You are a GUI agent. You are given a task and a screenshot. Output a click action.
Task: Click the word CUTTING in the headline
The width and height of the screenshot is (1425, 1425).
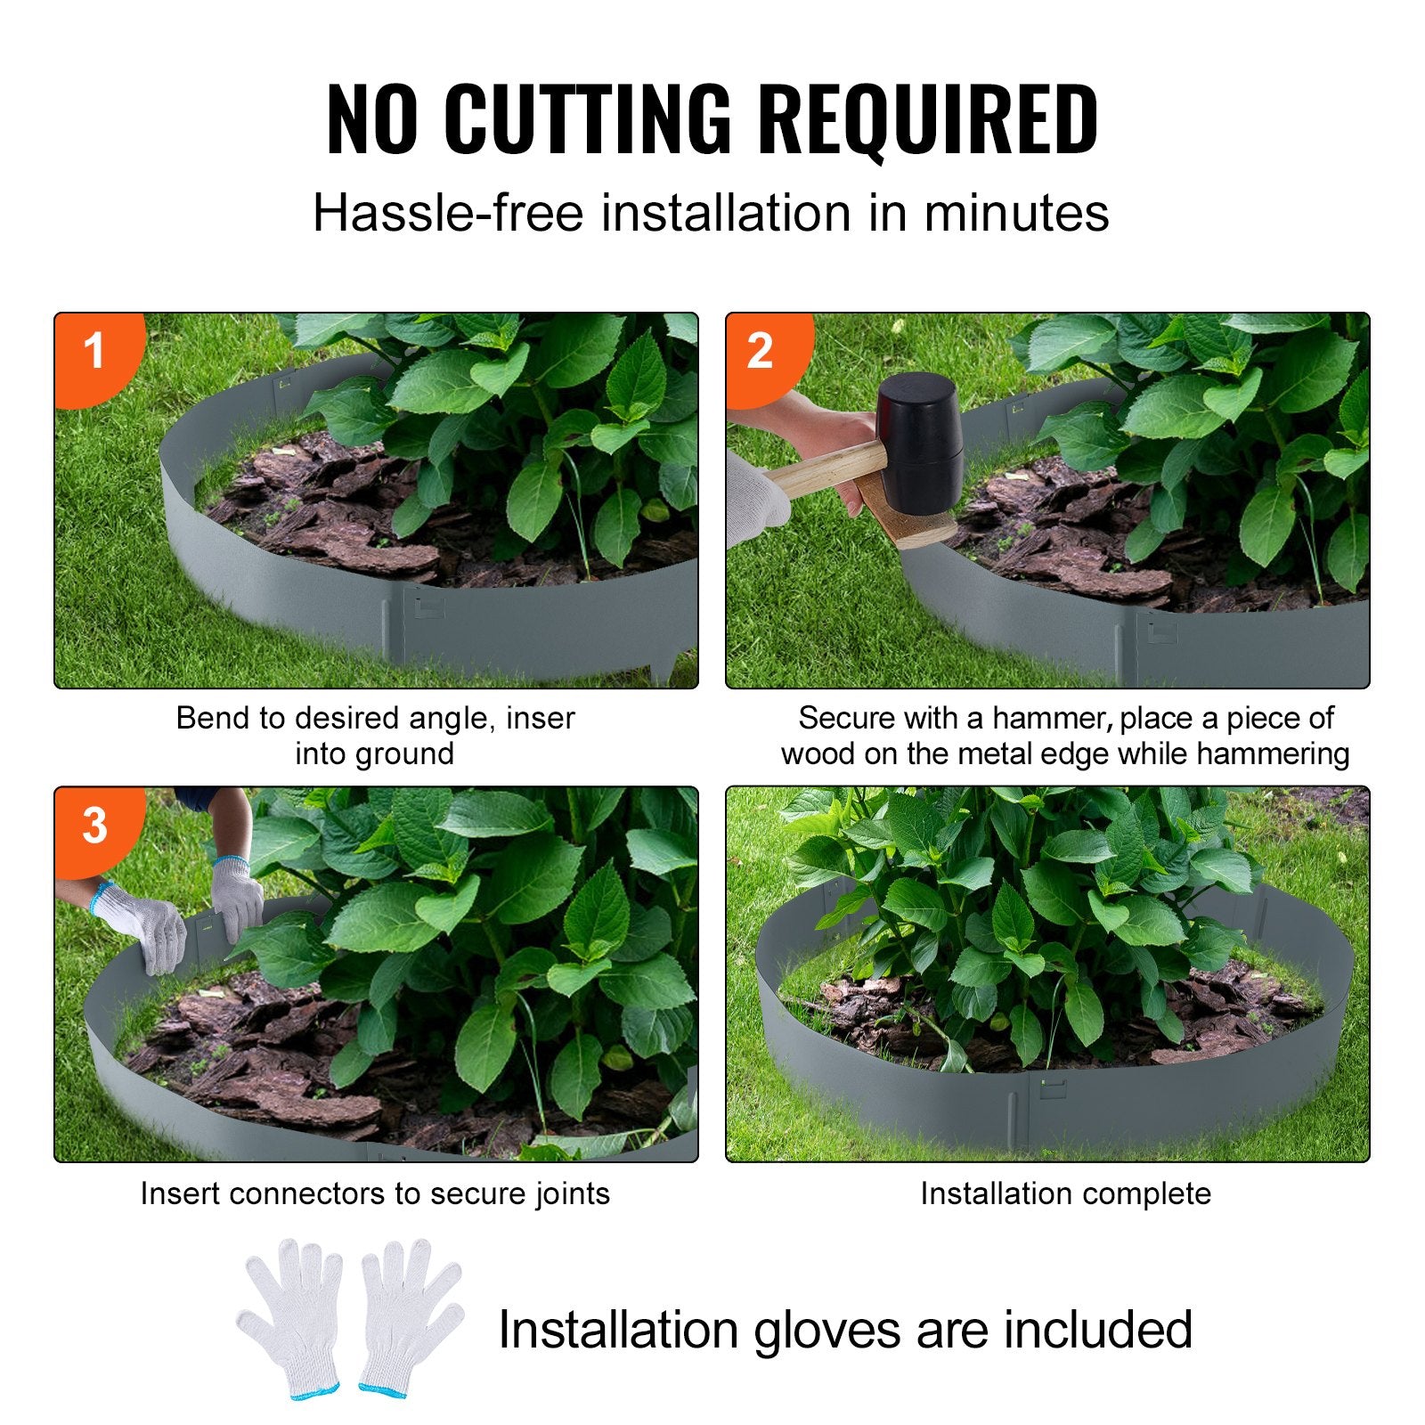(x=587, y=118)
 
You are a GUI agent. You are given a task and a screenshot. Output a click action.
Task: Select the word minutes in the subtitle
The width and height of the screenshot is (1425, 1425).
(x=1016, y=214)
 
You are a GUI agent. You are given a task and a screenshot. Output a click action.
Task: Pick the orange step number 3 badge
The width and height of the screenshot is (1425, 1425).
(x=94, y=826)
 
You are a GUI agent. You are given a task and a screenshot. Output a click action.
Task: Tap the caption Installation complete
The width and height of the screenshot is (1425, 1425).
(x=1065, y=1193)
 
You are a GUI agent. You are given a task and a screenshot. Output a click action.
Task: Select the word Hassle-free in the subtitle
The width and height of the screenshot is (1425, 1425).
(x=448, y=214)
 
